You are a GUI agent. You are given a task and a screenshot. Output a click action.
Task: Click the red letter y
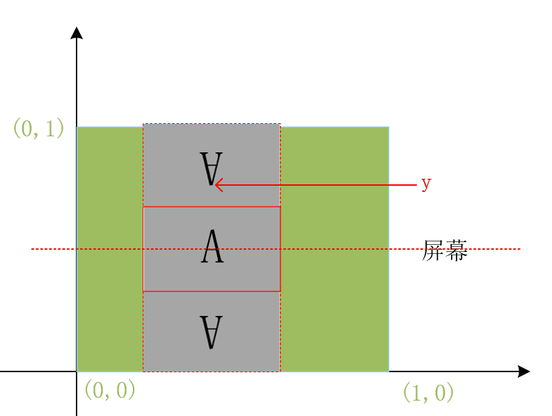pyautogui.click(x=426, y=184)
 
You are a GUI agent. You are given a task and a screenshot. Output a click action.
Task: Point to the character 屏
pyautogui.click(x=433, y=250)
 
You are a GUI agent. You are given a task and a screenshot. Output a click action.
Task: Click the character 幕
pyautogui.click(x=456, y=250)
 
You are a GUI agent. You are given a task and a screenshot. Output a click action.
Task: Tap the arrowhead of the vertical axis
pyautogui.click(x=77, y=32)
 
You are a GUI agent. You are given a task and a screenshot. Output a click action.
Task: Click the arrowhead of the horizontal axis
pyautogui.click(x=525, y=371)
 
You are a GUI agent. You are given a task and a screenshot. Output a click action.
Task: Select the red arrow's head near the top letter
pyautogui.click(x=216, y=185)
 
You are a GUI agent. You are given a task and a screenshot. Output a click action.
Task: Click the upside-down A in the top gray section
pyautogui.click(x=211, y=169)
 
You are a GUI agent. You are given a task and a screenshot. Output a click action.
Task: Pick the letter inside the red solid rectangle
pyautogui.click(x=212, y=248)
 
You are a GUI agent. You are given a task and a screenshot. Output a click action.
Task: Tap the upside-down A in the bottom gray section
pyautogui.click(x=211, y=332)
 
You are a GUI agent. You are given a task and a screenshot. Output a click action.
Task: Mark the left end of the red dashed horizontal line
pyautogui.click(x=32, y=249)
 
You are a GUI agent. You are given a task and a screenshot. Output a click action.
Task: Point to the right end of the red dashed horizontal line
pyautogui.click(x=520, y=249)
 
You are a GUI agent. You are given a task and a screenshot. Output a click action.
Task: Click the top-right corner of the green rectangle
pyautogui.click(x=388, y=127)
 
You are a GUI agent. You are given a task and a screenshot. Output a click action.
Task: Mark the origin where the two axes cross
pyautogui.click(x=77, y=371)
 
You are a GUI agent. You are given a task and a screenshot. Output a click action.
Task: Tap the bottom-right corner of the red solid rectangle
pyautogui.click(x=280, y=291)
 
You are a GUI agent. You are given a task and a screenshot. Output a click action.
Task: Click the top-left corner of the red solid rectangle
pyautogui.click(x=143, y=207)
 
